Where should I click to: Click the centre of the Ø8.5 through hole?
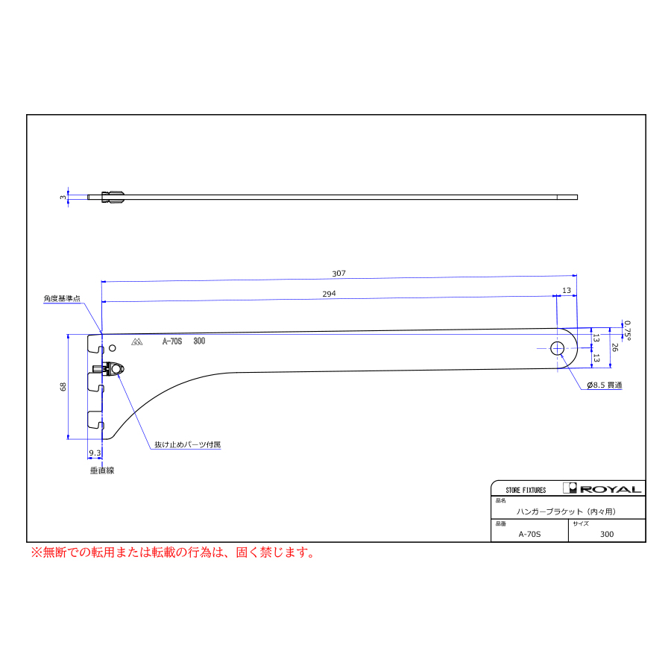click(x=557, y=348)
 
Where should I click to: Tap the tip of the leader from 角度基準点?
click(x=102, y=333)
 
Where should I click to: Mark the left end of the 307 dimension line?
click(x=102, y=282)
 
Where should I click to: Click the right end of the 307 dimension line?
click(x=577, y=276)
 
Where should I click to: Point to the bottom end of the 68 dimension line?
click(x=68, y=438)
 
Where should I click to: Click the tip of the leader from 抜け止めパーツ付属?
click(x=117, y=374)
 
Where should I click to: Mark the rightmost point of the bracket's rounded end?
click(x=577, y=348)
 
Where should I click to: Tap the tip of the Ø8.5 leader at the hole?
click(x=561, y=355)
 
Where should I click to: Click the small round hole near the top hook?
click(x=112, y=348)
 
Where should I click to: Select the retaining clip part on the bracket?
click(x=109, y=369)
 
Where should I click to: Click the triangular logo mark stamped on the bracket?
click(x=137, y=341)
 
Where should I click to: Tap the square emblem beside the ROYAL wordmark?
click(x=570, y=488)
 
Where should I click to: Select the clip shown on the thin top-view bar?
click(x=113, y=197)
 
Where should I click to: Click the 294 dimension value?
click(x=329, y=294)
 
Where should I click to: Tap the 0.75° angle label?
click(x=627, y=330)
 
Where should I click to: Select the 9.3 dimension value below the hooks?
click(x=95, y=453)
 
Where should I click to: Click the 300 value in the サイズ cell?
click(x=607, y=534)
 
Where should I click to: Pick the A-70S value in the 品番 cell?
click(x=530, y=534)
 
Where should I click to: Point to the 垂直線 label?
click(x=102, y=470)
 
